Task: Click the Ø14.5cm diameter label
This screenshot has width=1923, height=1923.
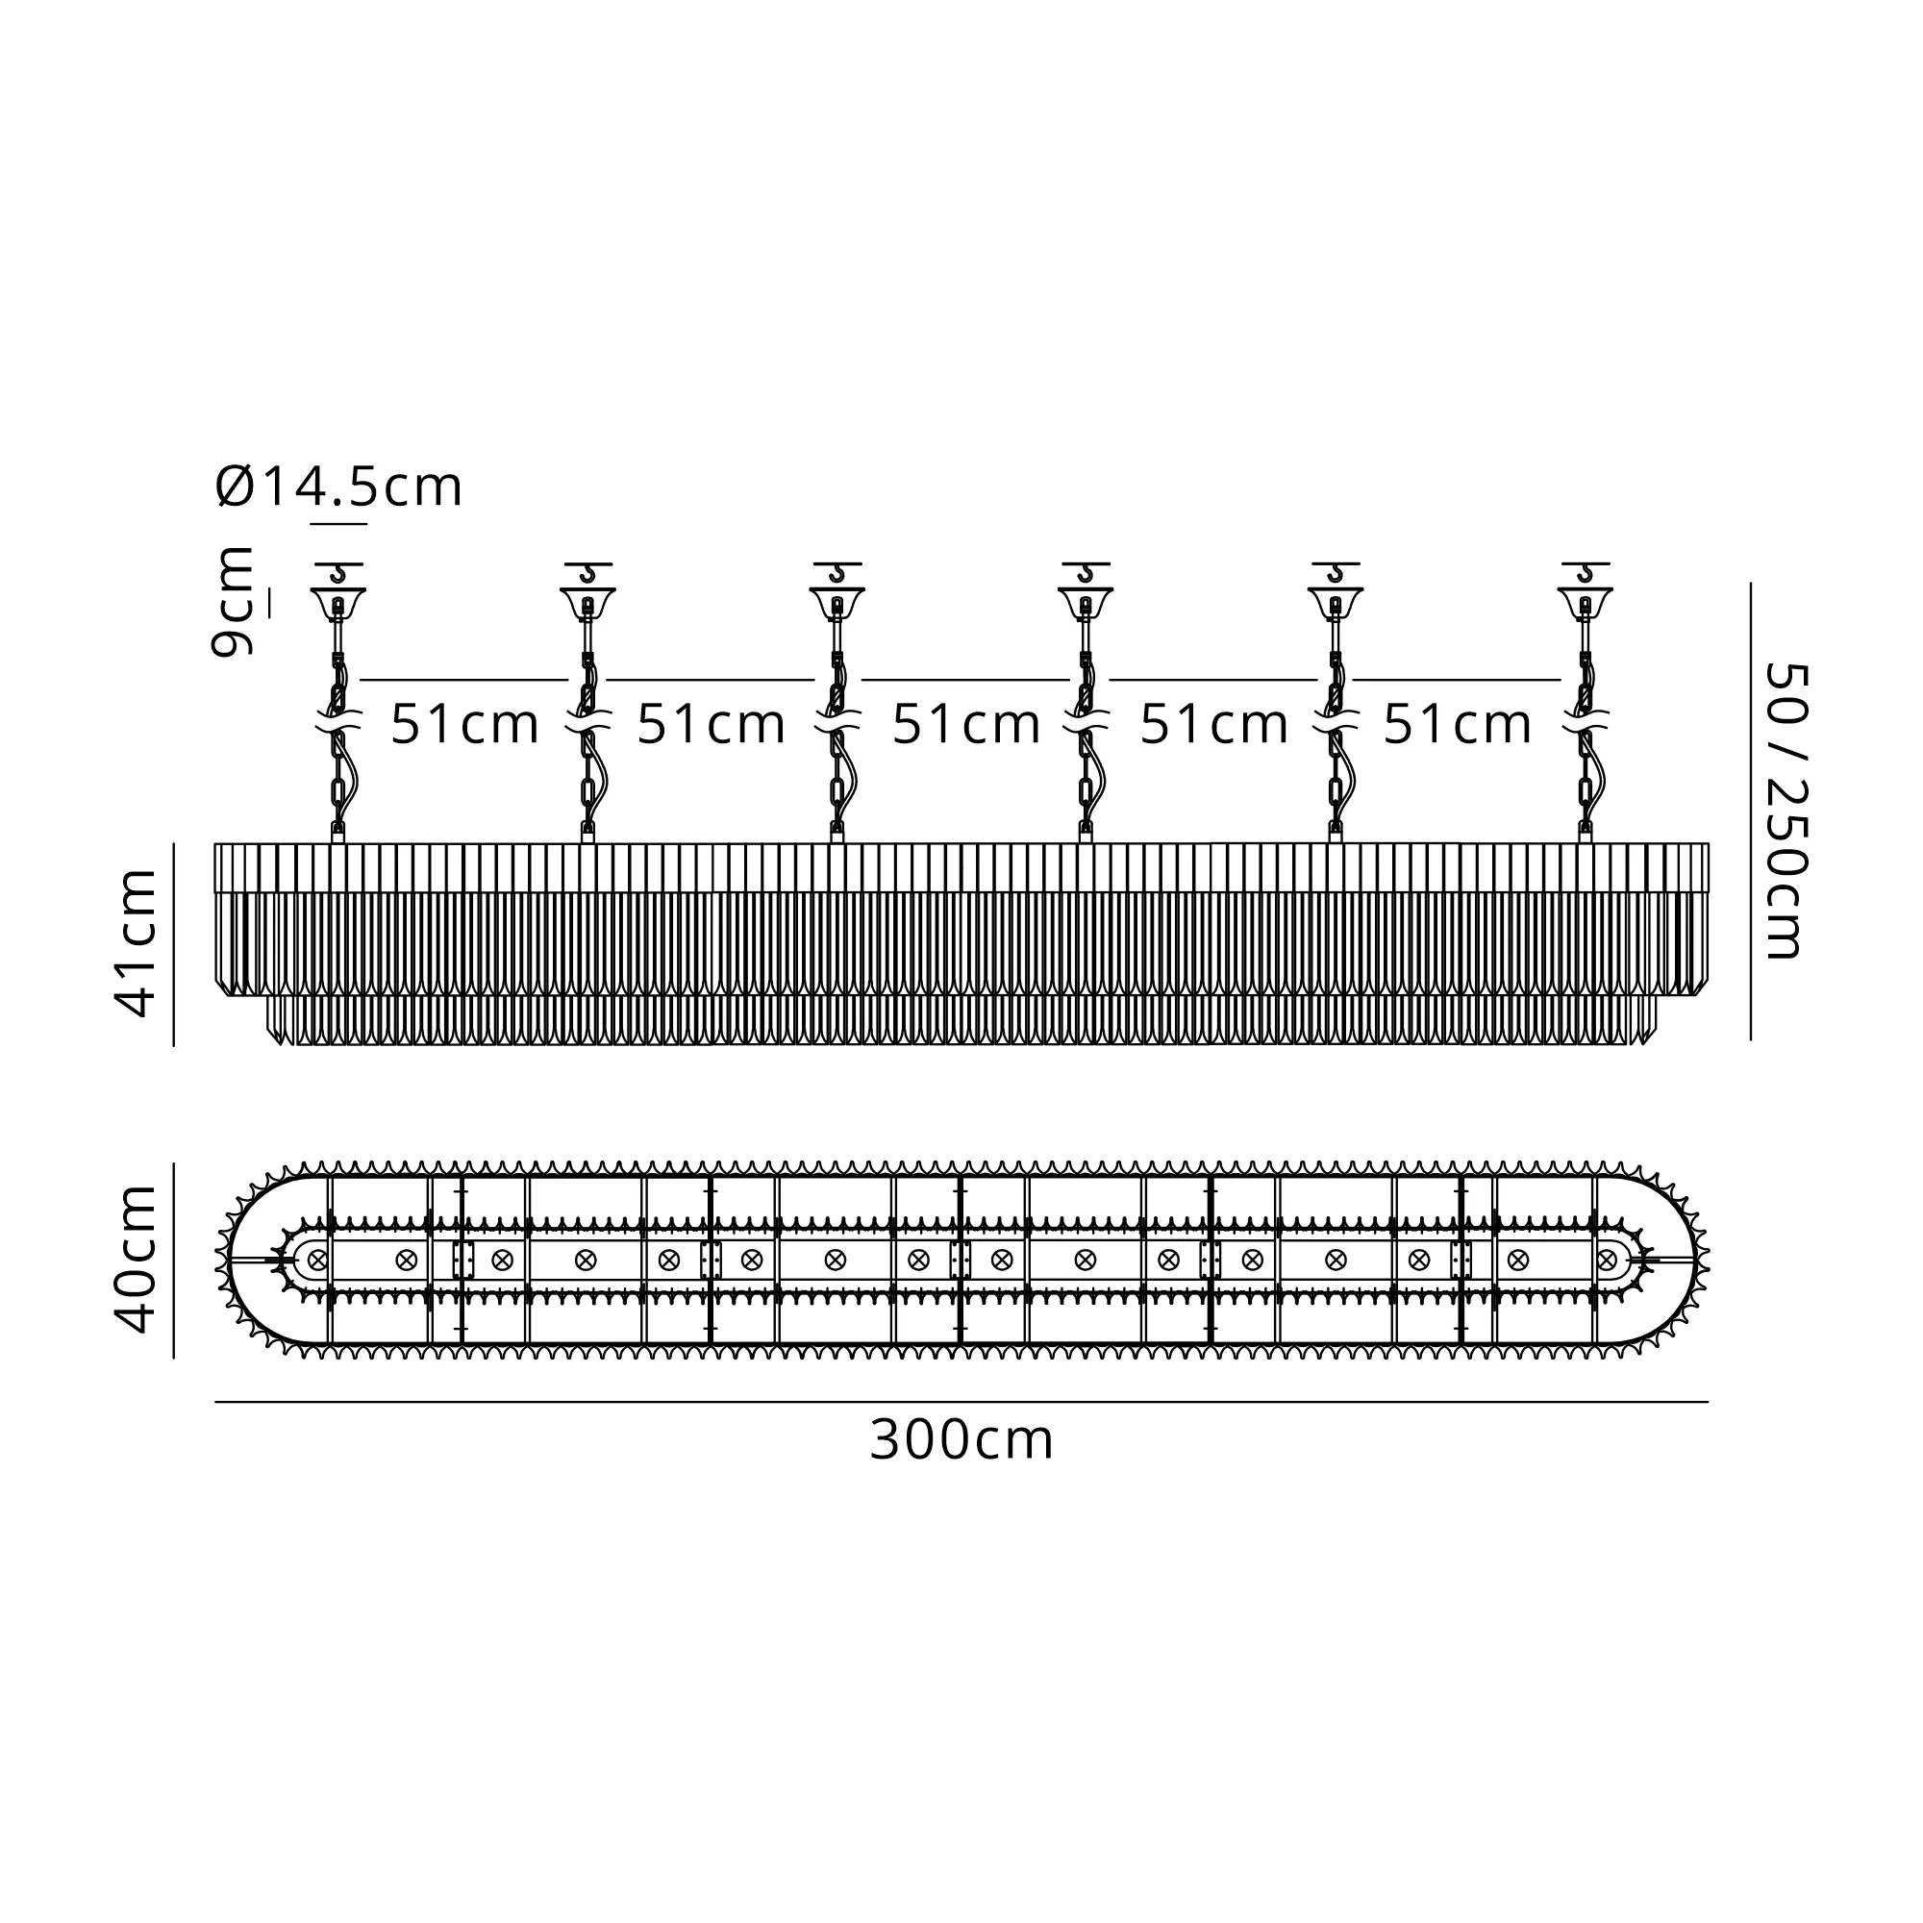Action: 338,487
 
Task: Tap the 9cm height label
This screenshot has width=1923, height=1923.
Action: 232,601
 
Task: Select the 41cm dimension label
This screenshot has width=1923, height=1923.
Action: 137,942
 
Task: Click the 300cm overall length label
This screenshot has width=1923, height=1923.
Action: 961,1440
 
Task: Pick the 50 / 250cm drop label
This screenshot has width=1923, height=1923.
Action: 1785,812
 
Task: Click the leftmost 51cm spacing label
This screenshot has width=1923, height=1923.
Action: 464,724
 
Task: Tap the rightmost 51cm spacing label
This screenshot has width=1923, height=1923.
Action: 1458,724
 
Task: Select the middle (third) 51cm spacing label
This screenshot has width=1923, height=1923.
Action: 966,724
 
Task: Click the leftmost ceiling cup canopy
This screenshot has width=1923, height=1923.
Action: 338,603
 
